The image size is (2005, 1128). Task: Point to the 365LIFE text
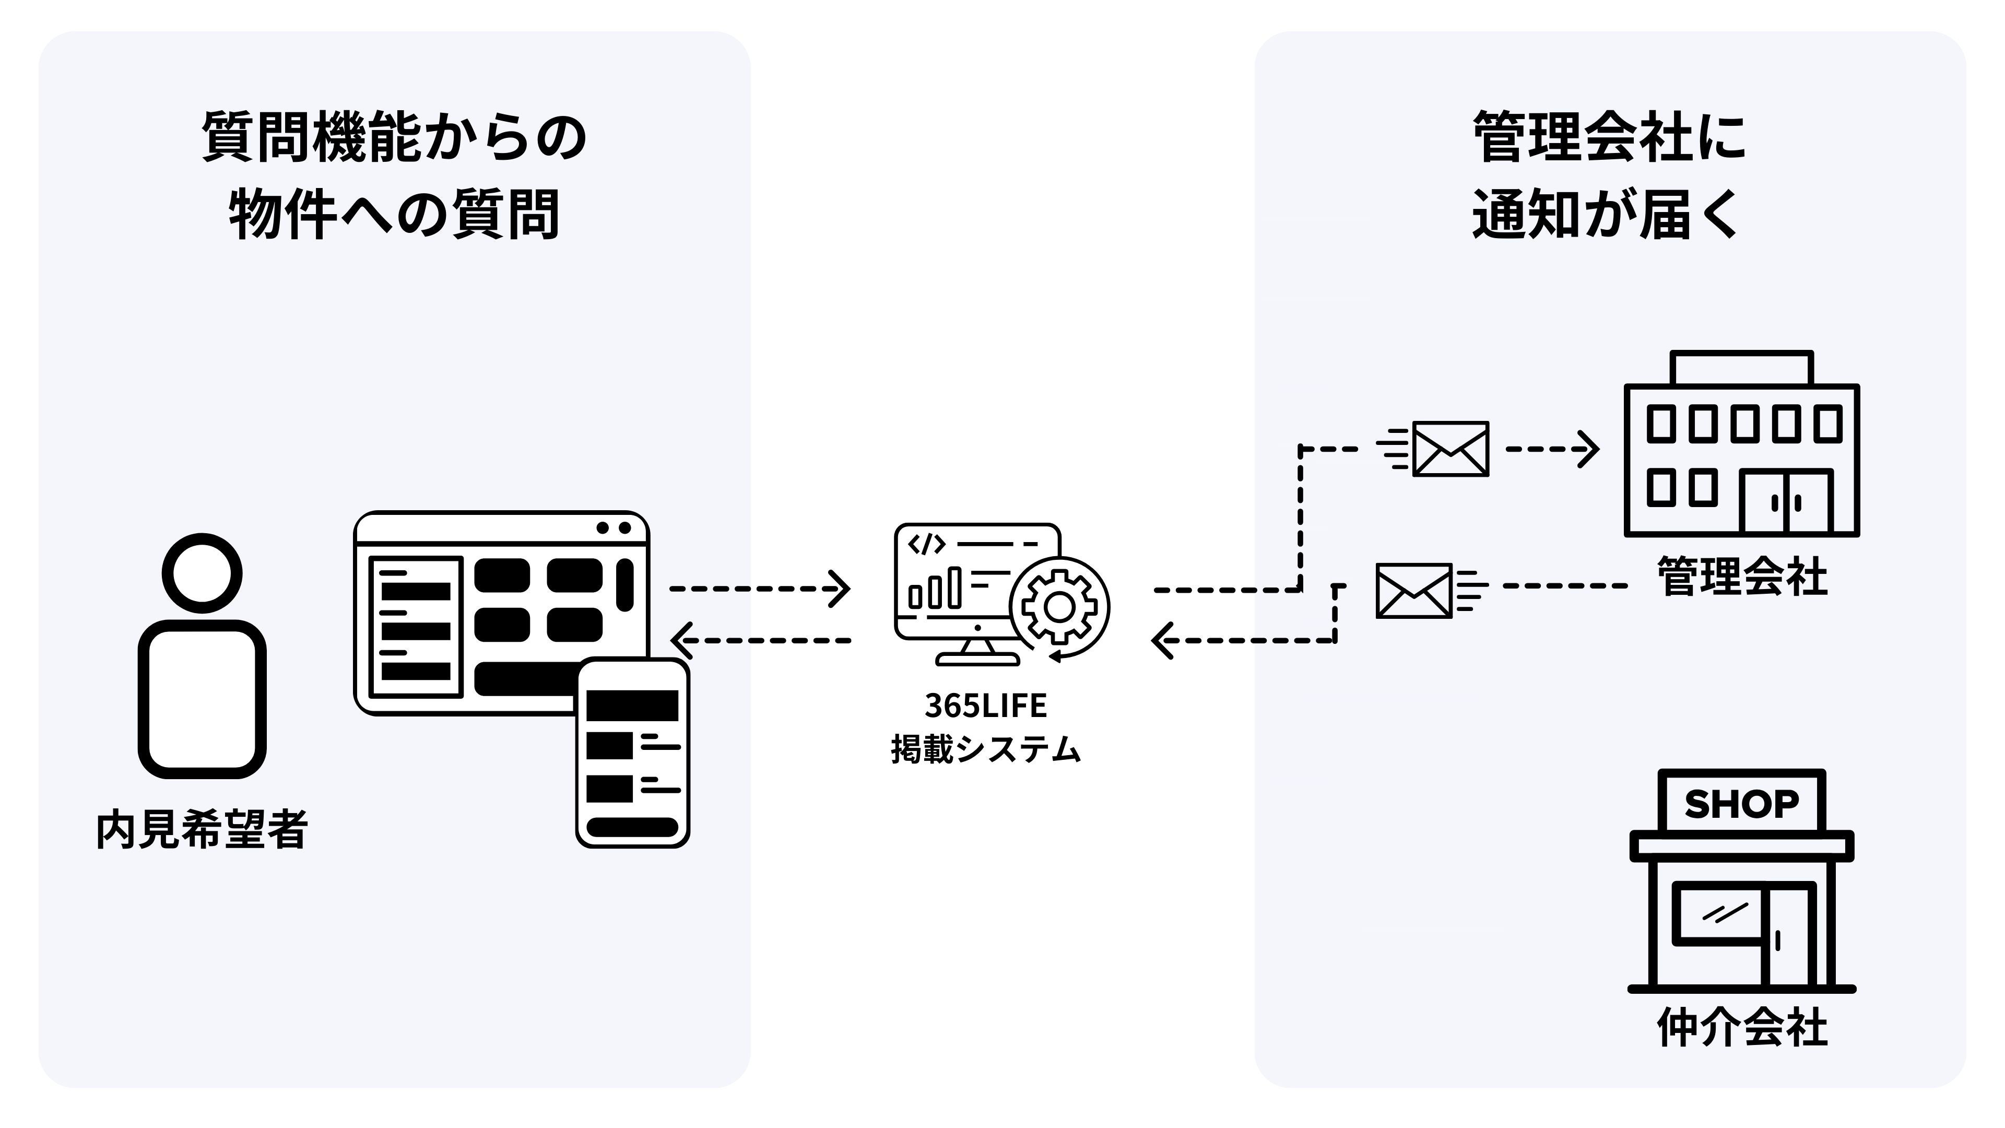(985, 706)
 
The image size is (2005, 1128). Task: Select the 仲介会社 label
(1741, 1028)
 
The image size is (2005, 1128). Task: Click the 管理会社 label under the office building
(1741, 578)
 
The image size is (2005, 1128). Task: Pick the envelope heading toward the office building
(1450, 449)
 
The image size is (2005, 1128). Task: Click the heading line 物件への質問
(394, 214)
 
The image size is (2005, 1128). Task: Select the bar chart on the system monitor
(935, 589)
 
